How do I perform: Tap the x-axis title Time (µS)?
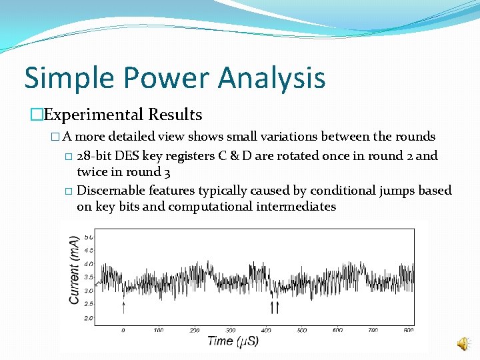point(233,341)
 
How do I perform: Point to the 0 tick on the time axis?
point(123,330)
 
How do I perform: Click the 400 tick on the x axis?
point(267,330)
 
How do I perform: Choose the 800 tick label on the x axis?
point(409,330)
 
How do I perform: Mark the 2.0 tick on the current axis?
point(88,318)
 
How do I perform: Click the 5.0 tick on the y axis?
point(88,237)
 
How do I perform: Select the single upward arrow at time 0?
point(123,307)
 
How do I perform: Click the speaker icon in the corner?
point(462,343)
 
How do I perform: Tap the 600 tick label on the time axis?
point(338,330)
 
